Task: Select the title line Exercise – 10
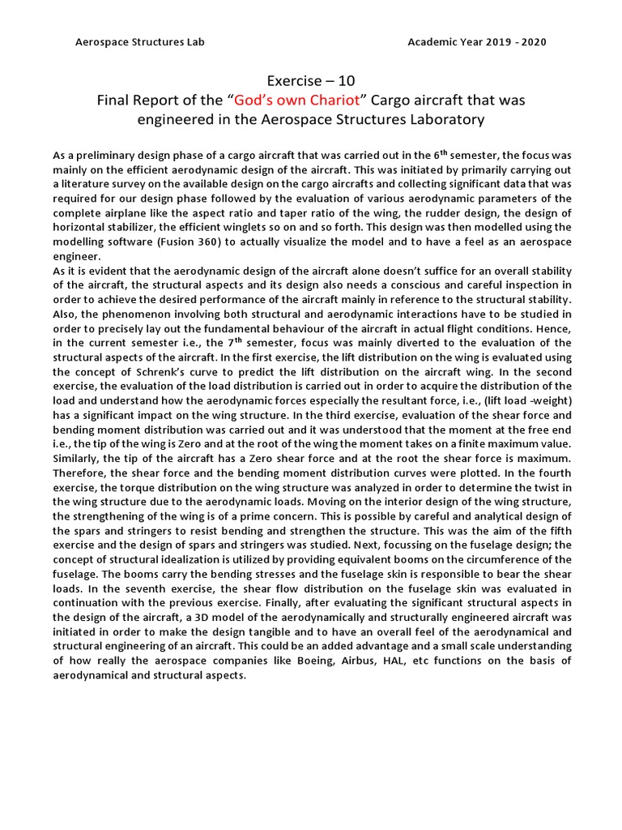[x=311, y=79]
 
